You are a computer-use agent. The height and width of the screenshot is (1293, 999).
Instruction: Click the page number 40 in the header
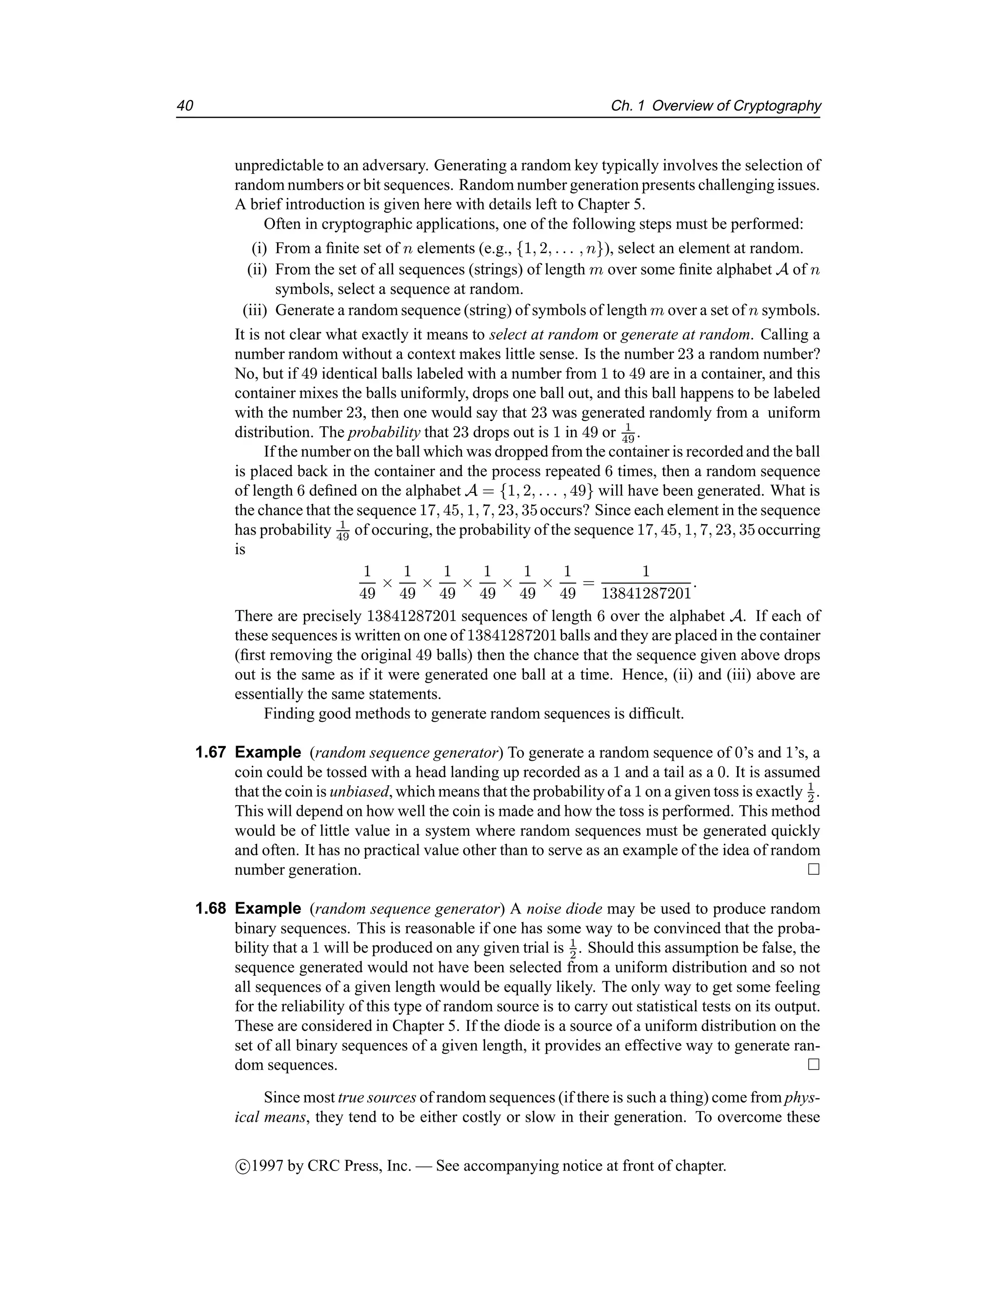pyautogui.click(x=185, y=106)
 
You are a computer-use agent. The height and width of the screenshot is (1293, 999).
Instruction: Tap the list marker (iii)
pyautogui.click(x=256, y=310)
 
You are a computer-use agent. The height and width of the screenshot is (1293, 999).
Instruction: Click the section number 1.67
pyautogui.click(x=211, y=752)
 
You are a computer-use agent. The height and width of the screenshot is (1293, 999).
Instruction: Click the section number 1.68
pyautogui.click(x=211, y=909)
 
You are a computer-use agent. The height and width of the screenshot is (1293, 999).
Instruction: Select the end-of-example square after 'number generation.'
pyautogui.click(x=814, y=869)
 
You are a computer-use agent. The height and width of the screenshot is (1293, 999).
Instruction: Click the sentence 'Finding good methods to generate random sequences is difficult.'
pyautogui.click(x=474, y=714)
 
